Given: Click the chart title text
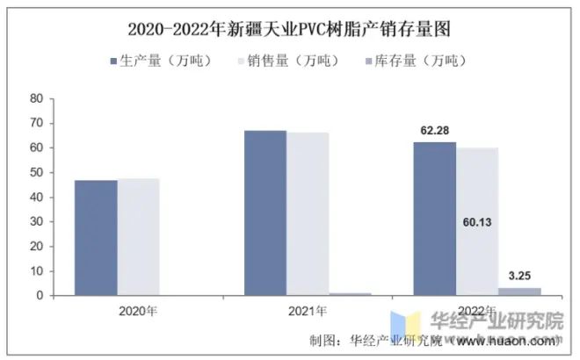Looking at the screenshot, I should pos(289,29).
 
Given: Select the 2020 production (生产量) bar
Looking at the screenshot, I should pos(96,238).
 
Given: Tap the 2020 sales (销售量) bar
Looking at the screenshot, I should pos(139,237).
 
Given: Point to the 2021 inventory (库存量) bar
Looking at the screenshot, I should pos(350,294).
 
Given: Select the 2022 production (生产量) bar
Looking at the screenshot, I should pos(435,219).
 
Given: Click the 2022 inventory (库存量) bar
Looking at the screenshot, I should pos(519,292).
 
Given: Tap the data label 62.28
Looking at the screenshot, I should pos(435,131).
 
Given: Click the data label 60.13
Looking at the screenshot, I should pos(477,222).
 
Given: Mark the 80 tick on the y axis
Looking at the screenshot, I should pos(37,99).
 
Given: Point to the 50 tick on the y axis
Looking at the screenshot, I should pos(37,173).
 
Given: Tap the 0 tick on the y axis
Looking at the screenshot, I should pos(40,296).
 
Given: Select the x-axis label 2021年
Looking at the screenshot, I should pos(308,311).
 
